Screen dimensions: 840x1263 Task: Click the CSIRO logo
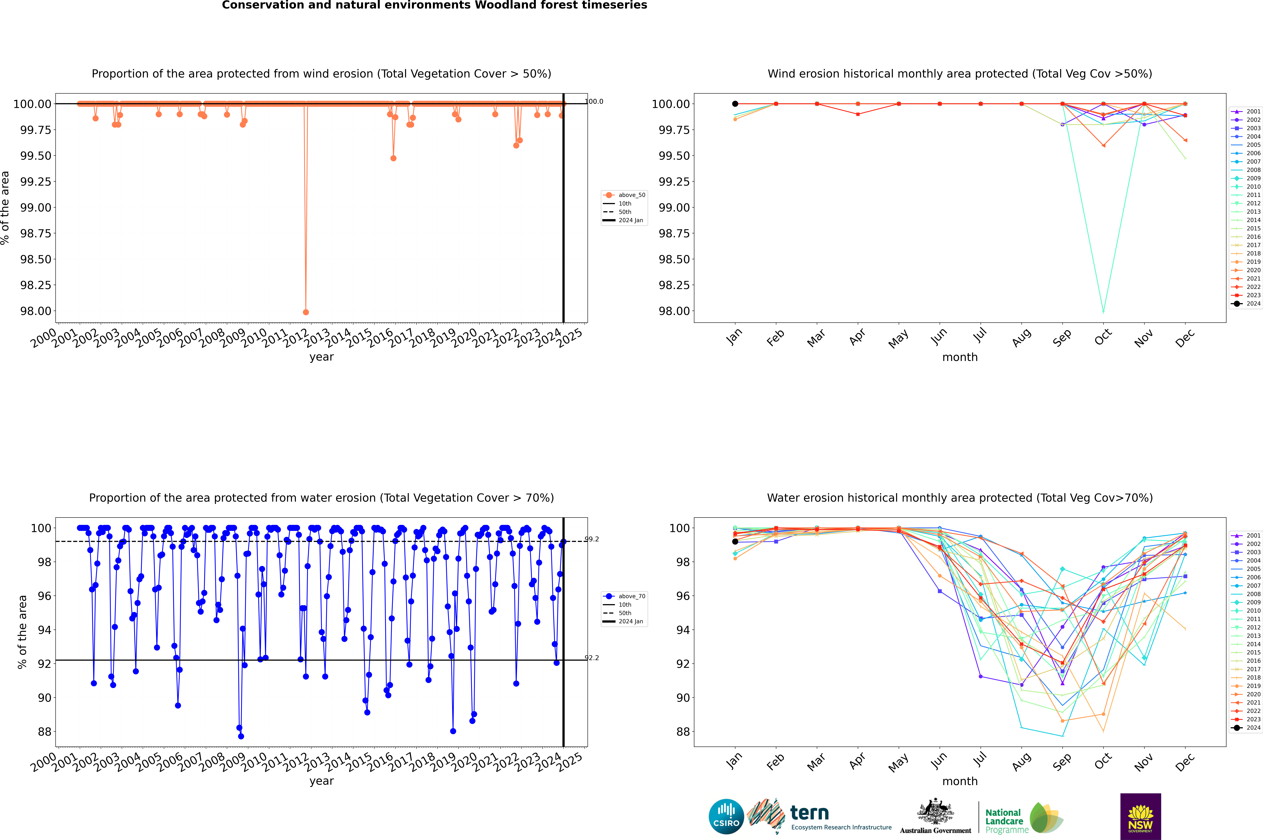pos(726,816)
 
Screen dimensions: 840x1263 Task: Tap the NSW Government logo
pos(1140,816)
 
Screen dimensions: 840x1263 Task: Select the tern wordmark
pos(810,813)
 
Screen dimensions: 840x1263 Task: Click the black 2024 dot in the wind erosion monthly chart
pos(735,104)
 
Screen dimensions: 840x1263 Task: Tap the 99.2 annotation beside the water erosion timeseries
pos(592,539)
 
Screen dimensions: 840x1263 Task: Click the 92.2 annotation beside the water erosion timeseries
pos(592,658)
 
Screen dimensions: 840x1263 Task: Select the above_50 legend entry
pos(625,195)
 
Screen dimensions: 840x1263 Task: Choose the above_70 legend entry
pos(625,596)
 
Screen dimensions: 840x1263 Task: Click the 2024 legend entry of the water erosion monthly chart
pos(1246,728)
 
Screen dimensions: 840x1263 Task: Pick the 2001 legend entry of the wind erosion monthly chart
pos(1246,111)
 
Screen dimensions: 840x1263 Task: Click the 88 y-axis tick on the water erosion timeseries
pos(44,732)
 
